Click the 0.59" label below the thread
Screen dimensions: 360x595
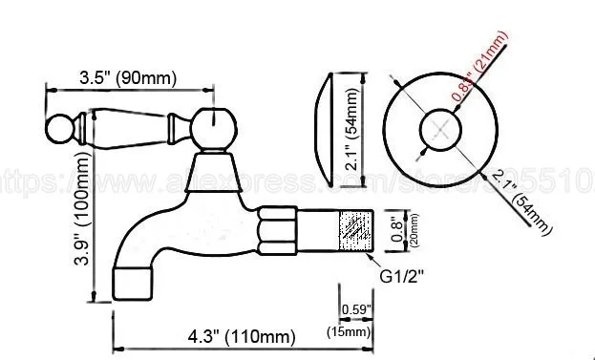coord(355,307)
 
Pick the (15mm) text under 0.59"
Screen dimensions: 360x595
coord(355,330)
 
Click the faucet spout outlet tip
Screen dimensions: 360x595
coord(132,279)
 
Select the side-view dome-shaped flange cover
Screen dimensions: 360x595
coord(327,130)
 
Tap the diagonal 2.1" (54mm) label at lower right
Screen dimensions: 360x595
coord(524,199)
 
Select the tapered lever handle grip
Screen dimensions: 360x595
coord(129,124)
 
